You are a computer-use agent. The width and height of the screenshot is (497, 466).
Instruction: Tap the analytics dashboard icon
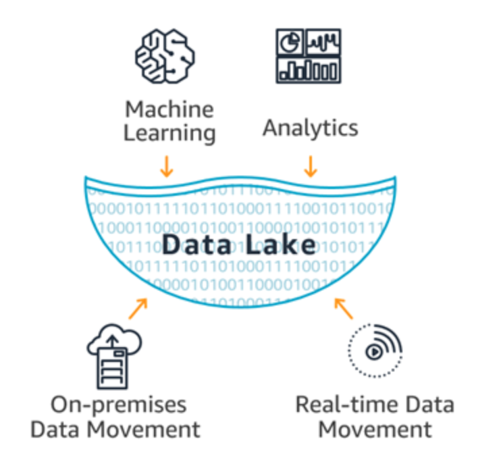(309, 57)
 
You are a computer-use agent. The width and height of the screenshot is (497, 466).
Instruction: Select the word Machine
(169, 109)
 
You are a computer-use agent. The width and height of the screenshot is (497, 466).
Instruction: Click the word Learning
(169, 132)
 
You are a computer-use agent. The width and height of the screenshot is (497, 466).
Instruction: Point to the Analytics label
(310, 127)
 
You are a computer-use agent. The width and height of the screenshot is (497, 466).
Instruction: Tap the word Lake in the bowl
(283, 244)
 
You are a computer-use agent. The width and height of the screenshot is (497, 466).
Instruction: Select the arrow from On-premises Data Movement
(138, 308)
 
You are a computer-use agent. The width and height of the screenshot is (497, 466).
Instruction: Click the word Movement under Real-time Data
(375, 429)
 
